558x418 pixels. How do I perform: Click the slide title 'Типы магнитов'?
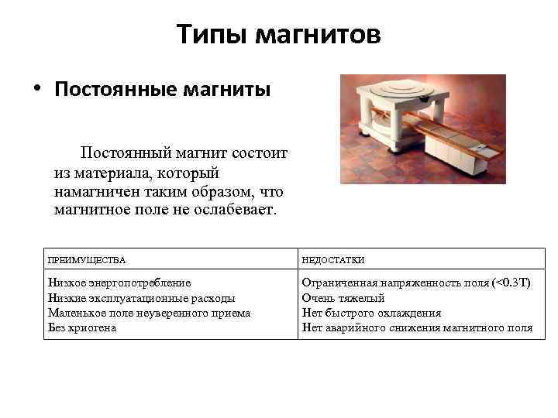coord(278,34)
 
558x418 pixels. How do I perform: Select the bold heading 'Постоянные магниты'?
coord(162,90)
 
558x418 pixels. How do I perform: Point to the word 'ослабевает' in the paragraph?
coord(234,210)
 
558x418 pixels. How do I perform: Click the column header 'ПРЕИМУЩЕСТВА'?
coord(87,260)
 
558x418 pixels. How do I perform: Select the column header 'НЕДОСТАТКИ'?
coord(332,260)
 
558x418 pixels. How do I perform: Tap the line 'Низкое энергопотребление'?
coord(119,283)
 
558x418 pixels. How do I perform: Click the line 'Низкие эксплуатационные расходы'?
coord(141,298)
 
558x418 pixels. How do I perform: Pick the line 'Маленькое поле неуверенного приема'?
coord(149,313)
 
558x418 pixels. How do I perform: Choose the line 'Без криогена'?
coord(82,327)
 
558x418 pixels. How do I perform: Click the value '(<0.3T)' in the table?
coord(511,283)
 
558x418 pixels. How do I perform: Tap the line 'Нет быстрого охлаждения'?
coord(371,313)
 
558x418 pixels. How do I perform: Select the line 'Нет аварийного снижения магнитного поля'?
coord(417,327)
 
